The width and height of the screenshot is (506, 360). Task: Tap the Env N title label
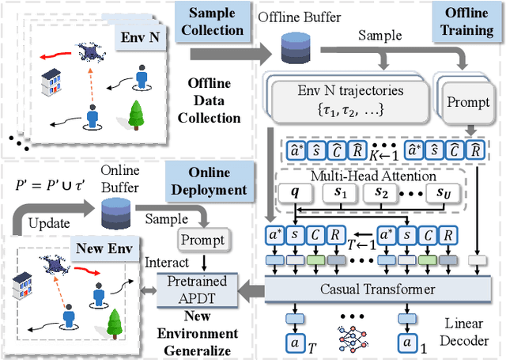(138, 37)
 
